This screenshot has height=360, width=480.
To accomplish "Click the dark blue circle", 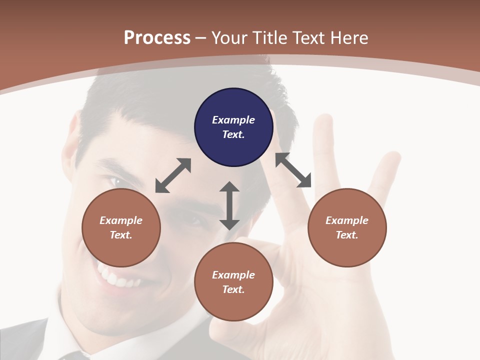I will [233, 127].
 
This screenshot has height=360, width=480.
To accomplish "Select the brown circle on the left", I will [121, 228].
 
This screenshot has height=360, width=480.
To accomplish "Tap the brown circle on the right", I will [347, 228].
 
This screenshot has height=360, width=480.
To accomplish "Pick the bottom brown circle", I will [233, 282].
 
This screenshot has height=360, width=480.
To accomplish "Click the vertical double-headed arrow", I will [229, 205].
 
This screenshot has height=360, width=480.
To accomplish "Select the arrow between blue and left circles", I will [173, 175].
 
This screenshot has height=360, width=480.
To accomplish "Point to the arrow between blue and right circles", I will [293, 170].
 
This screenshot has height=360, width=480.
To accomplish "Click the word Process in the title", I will [157, 38].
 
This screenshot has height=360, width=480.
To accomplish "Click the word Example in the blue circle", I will [233, 120].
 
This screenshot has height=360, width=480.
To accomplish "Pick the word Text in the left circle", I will [120, 235].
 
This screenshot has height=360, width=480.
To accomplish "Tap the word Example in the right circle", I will [347, 220].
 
